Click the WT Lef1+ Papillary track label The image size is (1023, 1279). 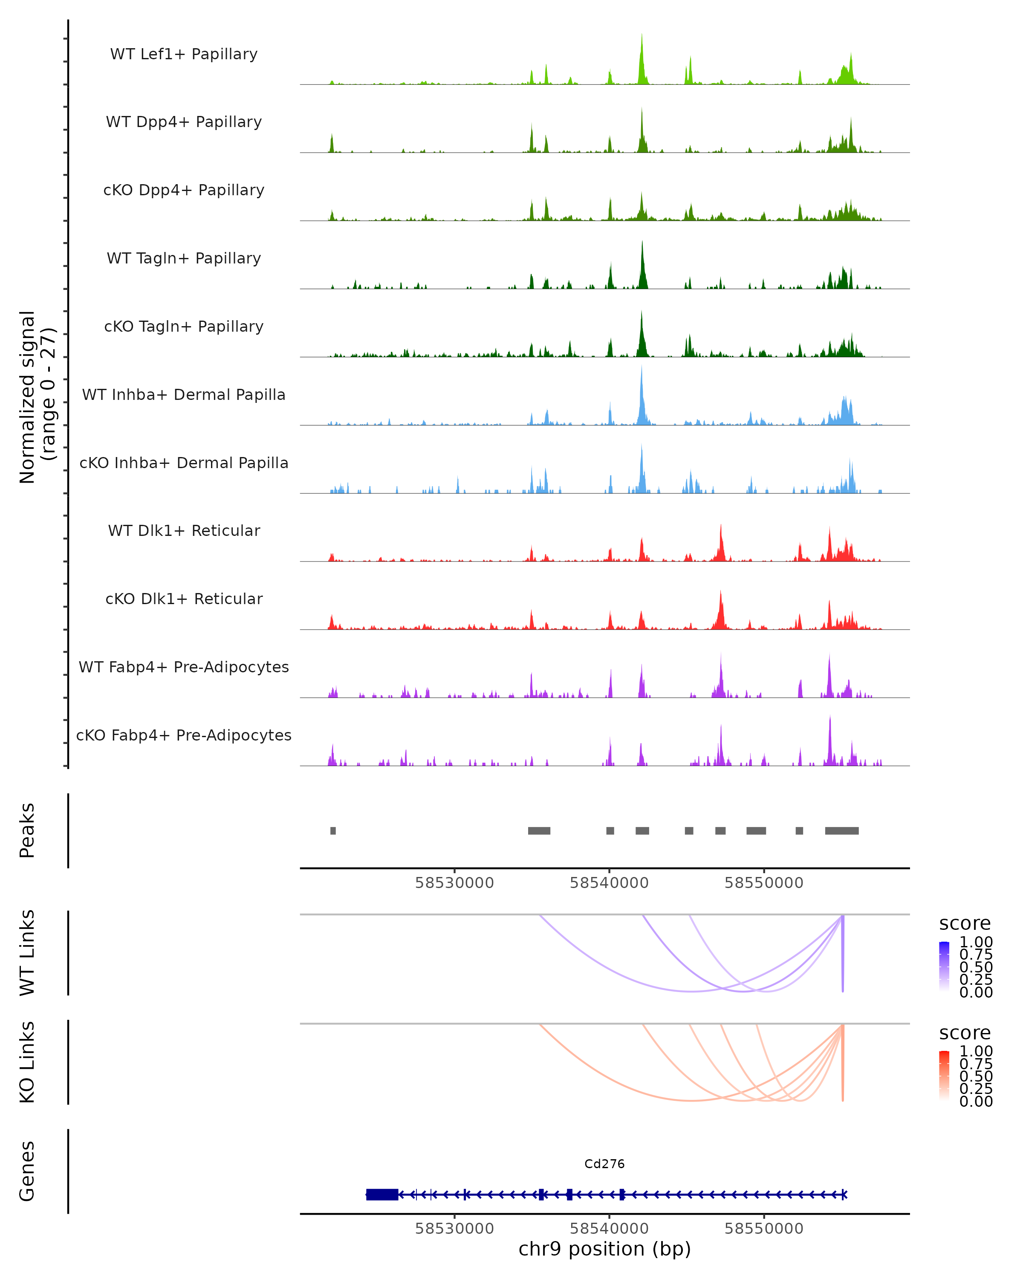[184, 54]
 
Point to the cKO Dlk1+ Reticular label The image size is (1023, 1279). [184, 599]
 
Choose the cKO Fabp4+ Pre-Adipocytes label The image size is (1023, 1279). [184, 735]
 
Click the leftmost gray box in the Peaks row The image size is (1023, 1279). [333, 830]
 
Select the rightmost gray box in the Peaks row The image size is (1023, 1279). [841, 830]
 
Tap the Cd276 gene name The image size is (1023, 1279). [604, 1164]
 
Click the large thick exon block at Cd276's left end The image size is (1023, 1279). [382, 1194]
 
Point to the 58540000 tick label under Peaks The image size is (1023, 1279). [609, 883]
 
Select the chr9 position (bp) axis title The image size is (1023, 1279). [604, 1249]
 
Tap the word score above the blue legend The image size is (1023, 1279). [965, 924]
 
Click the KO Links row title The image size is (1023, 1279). [27, 1062]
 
